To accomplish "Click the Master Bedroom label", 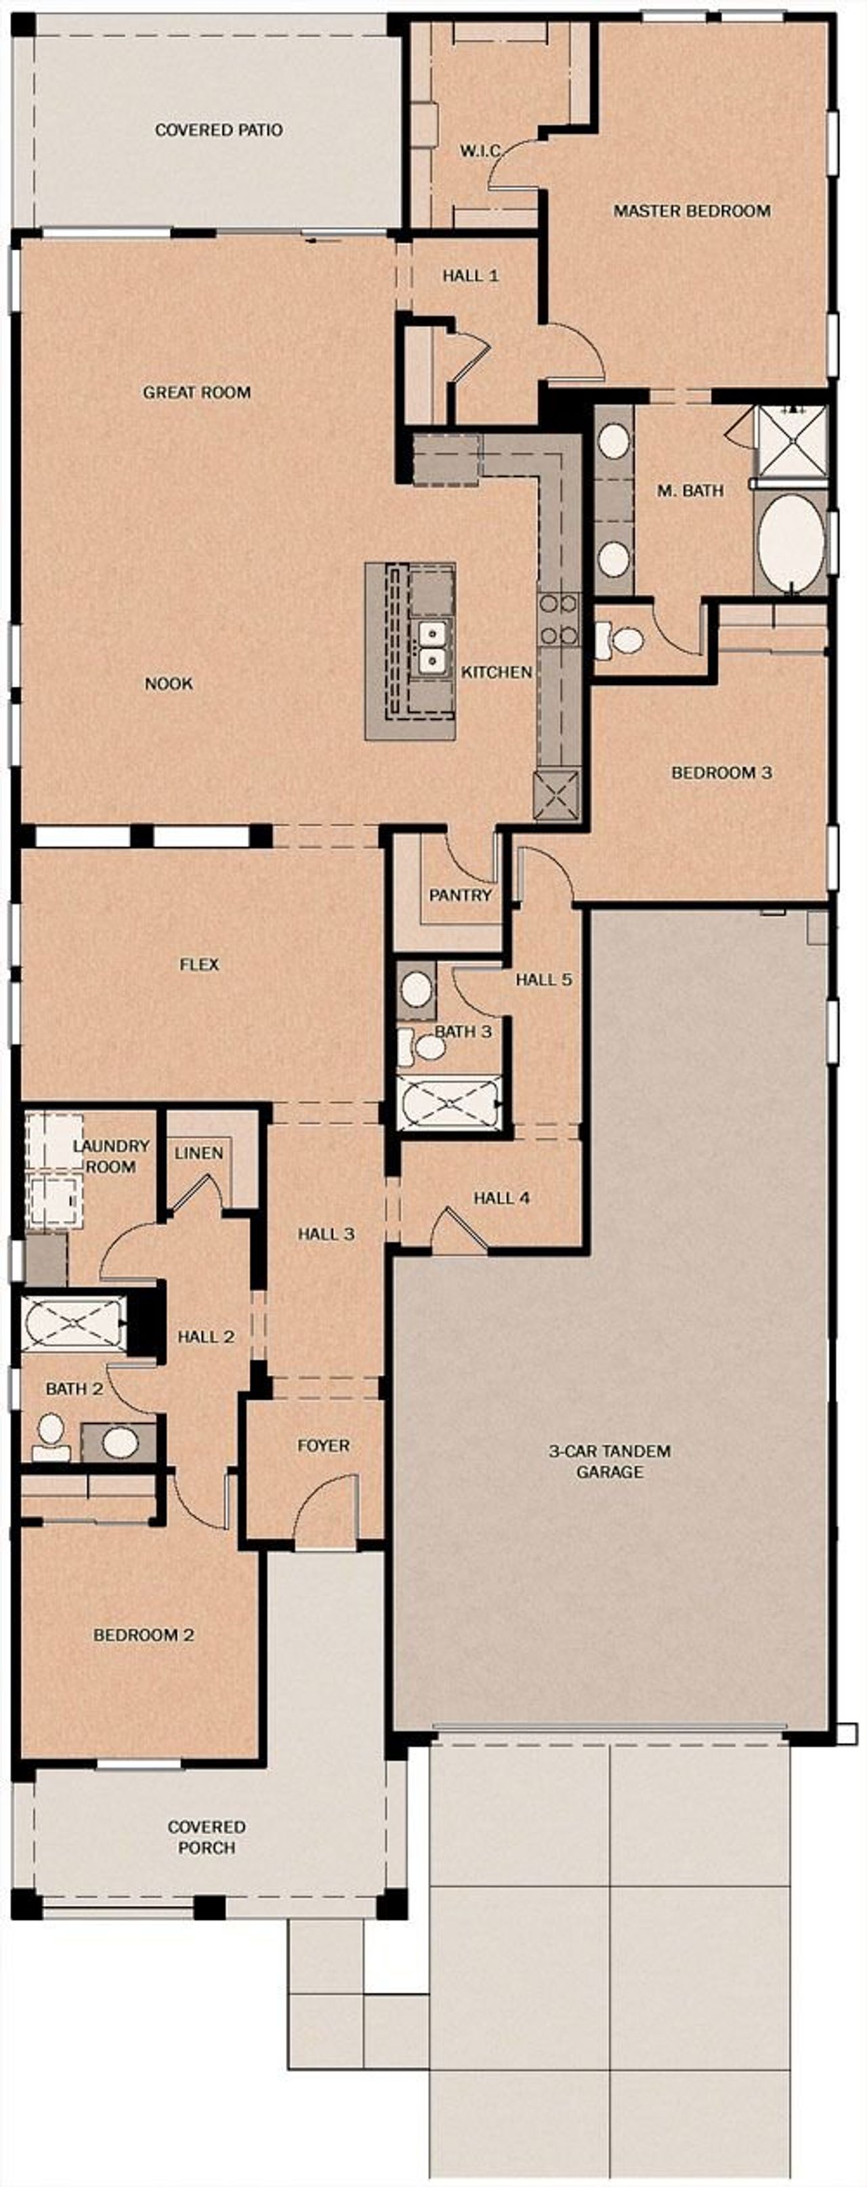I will pos(692,211).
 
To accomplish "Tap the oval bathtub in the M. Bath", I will pos(790,541).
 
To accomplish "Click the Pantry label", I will pos(460,895).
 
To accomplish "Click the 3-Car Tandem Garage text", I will pos(610,1461).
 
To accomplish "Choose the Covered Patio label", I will pos(218,130).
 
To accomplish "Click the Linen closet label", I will pos(198,1153).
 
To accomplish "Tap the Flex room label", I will pos(200,965).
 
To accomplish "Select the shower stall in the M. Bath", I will pos(791,442).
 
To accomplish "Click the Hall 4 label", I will pos(502,1198).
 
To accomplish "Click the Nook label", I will pos(168,684).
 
